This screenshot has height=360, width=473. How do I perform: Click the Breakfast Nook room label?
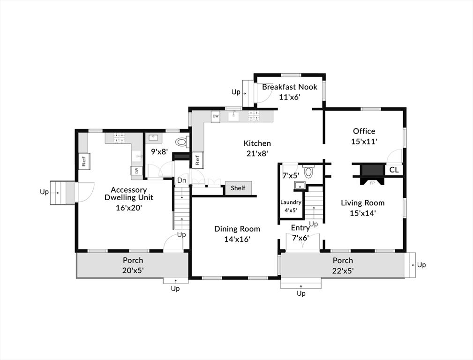289,87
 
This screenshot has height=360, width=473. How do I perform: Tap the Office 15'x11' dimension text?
364,141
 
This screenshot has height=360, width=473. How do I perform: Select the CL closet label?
394,170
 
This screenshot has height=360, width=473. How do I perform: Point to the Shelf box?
238,188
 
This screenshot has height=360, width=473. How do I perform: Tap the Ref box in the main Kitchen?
197,160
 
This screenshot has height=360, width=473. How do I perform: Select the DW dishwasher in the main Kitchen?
216,116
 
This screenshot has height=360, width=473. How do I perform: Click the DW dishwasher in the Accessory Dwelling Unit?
136,171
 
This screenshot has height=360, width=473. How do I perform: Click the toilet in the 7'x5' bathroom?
308,172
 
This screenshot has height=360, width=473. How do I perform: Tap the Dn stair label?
181,180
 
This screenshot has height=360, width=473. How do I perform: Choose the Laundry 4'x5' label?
291,206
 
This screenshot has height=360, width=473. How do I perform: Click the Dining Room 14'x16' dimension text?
237,239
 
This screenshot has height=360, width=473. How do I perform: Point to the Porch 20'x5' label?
133,270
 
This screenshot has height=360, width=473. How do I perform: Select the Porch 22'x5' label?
343,270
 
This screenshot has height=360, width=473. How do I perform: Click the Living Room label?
362,203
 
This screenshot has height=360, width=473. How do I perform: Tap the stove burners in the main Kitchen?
254,116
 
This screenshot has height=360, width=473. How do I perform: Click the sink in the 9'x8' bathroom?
153,138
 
